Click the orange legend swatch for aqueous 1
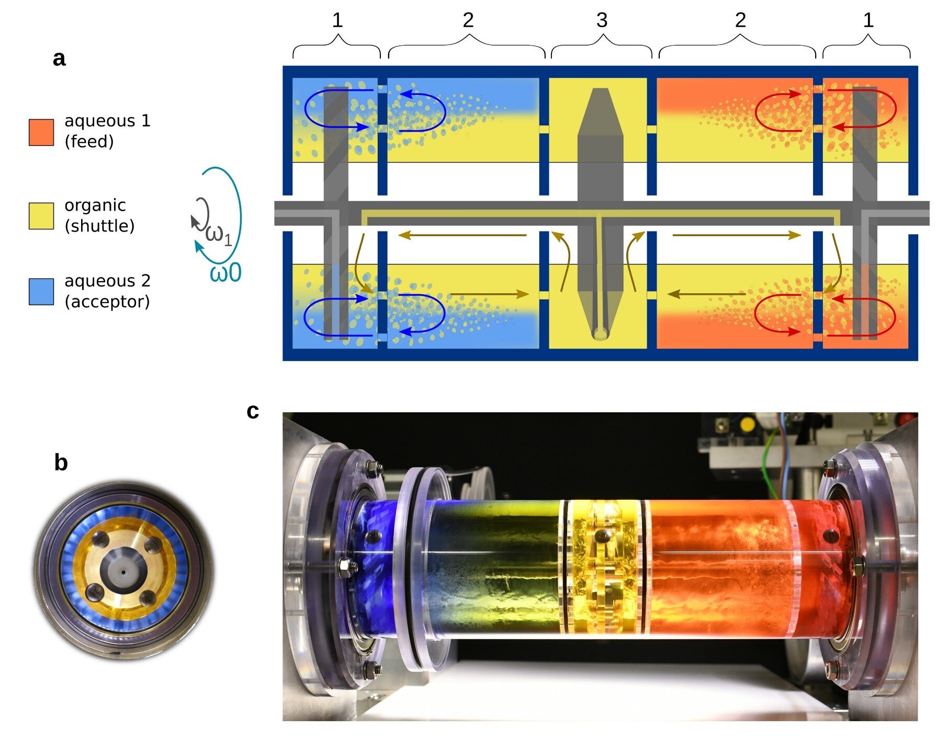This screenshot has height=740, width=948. (x=41, y=132)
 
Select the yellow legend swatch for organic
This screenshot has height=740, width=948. (x=41, y=216)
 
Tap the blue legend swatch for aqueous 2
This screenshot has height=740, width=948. (x=41, y=292)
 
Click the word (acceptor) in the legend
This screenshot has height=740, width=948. (x=107, y=302)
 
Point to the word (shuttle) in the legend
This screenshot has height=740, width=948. (x=99, y=226)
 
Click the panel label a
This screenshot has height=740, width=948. (x=59, y=59)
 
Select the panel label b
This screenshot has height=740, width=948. (x=61, y=463)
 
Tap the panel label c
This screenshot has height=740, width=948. (x=253, y=411)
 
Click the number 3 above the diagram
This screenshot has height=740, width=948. (x=602, y=21)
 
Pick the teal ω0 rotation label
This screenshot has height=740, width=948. (x=225, y=273)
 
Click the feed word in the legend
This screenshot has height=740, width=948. (x=89, y=142)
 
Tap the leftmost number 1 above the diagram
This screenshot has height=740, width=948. (x=337, y=21)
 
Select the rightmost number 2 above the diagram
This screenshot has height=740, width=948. (x=740, y=21)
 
